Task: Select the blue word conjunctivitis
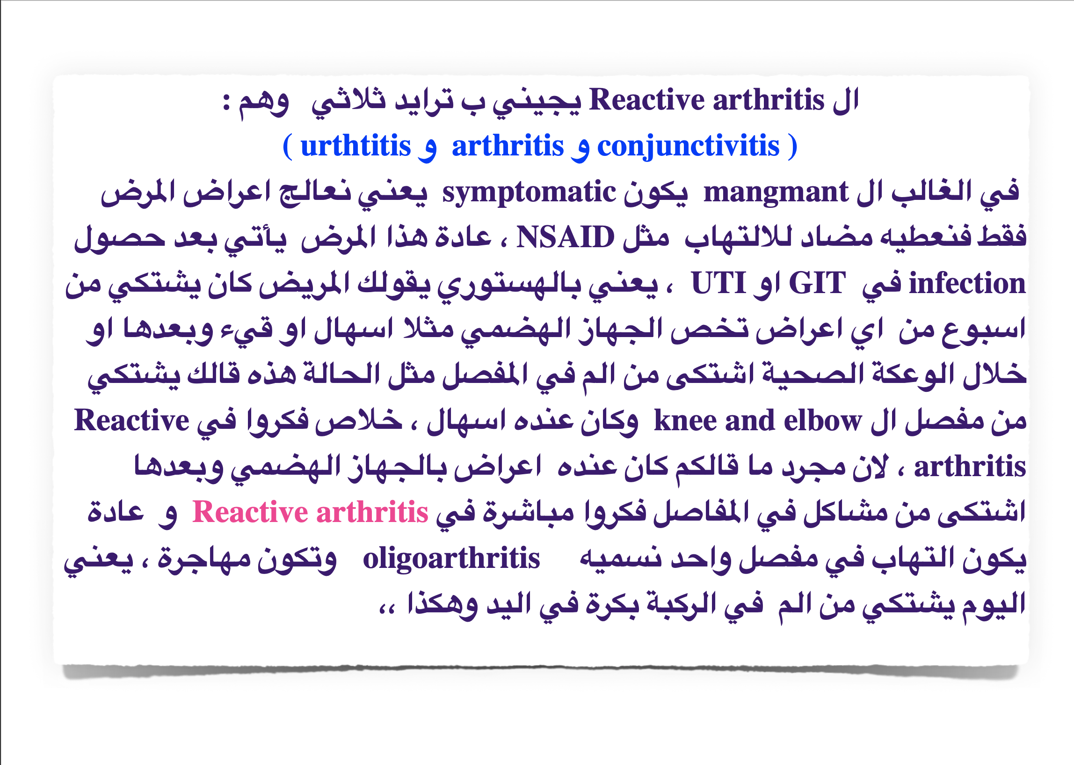[688, 146]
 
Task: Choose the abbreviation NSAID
[565, 237]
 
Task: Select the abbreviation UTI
[718, 283]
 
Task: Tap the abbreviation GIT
[817, 283]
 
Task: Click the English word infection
[967, 283]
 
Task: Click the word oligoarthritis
[451, 559]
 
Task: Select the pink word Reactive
[250, 512]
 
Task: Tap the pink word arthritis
[372, 512]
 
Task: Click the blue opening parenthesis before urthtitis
[288, 147]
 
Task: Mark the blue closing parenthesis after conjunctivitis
[792, 147]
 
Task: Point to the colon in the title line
[226, 102]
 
